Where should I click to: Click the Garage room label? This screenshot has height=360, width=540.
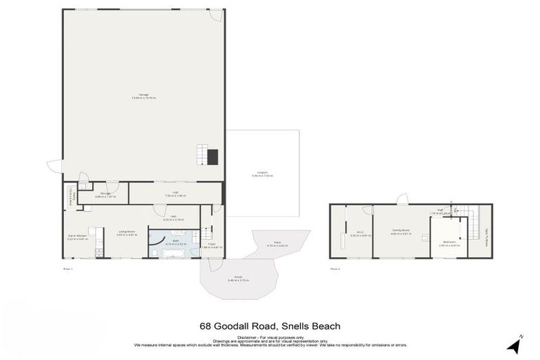[x=143, y=96]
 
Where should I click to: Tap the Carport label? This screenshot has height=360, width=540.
[x=262, y=175]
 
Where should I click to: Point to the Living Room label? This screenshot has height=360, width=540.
[x=127, y=233]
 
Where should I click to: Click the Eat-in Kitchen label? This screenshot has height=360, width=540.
[x=77, y=237]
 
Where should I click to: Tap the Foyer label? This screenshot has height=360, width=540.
[x=211, y=245]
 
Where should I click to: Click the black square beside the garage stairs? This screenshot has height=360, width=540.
[x=213, y=157]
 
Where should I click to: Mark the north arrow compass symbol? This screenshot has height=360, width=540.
[x=515, y=344]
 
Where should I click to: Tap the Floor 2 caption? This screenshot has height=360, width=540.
[x=335, y=269]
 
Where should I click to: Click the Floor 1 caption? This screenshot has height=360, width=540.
[x=67, y=269]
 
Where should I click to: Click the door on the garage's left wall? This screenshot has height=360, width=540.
[x=53, y=167]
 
